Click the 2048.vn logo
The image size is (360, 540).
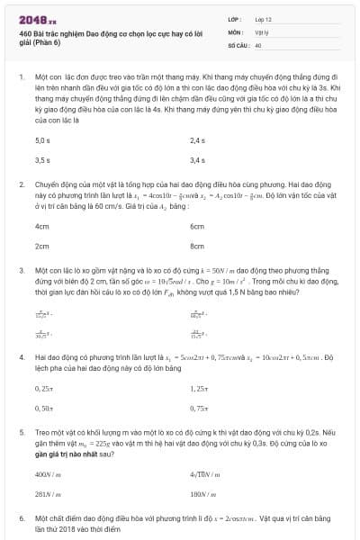coord(38,19)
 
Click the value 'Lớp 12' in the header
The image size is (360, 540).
coord(263,19)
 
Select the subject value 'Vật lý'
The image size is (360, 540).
coord(261,31)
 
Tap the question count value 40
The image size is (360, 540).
coord(258,44)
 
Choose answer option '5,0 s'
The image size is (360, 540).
coord(41,141)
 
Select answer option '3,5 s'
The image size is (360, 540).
coord(41,160)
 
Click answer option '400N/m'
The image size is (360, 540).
coord(47,474)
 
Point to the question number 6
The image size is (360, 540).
coord(22,519)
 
